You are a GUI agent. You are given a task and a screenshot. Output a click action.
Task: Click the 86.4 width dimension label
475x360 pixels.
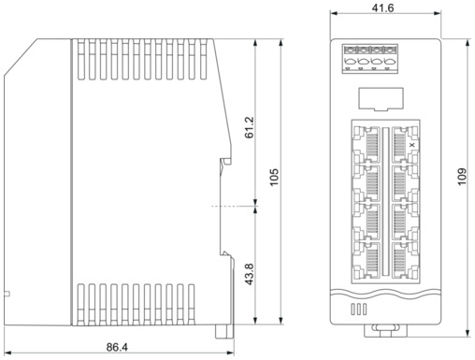click(117, 347)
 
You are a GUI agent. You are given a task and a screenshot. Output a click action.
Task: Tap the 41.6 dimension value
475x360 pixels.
click(382, 8)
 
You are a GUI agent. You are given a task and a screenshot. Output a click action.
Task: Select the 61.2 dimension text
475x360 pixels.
click(250, 127)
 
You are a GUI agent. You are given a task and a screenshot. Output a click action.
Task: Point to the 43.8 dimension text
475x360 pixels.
click(250, 274)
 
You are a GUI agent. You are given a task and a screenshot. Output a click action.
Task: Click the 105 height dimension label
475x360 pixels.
click(274, 178)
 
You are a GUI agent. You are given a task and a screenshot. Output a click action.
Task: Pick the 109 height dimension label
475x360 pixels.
click(462, 177)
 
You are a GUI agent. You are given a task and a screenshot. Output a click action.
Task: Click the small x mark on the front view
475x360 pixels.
click(412, 145)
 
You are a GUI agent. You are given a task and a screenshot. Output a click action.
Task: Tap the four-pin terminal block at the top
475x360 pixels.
click(370, 59)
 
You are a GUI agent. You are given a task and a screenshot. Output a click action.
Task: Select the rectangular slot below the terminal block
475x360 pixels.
click(381, 99)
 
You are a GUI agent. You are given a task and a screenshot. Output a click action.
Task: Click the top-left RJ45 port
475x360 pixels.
click(367, 145)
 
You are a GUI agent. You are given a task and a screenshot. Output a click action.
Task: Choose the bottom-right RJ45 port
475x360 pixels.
click(405, 260)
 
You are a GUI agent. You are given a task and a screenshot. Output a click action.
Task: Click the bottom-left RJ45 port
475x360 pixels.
click(367, 260)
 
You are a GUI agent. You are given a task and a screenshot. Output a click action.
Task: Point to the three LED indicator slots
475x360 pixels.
click(359, 310)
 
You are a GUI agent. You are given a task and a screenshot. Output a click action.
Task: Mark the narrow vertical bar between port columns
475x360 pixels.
click(386, 201)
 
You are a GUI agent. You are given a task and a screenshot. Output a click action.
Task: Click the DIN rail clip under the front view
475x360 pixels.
click(385, 330)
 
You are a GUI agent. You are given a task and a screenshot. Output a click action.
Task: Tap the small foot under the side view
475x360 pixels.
click(224, 331)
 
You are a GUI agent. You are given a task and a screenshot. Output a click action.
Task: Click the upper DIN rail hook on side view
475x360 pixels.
click(225, 162)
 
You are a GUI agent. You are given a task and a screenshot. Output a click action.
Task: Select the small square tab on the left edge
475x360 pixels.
click(7, 294)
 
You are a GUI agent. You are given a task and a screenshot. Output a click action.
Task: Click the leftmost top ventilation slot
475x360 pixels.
click(80, 59)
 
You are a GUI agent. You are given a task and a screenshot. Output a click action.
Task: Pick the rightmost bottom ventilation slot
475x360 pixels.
click(192, 305)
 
